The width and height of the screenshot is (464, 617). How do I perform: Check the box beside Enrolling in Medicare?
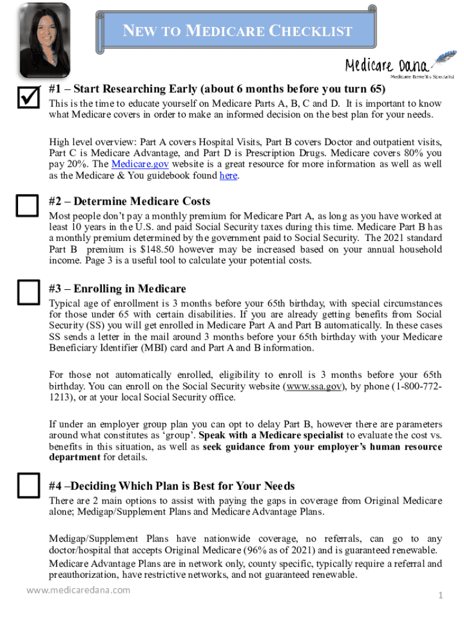[27, 292]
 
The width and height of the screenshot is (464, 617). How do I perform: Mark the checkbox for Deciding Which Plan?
[27, 486]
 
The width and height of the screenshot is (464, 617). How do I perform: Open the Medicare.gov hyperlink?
[132, 164]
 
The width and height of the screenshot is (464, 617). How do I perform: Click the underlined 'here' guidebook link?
[228, 175]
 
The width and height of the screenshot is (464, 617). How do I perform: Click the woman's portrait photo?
[45, 40]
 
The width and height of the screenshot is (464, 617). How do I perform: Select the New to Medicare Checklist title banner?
[237, 31]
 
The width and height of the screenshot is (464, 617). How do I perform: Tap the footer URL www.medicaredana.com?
[78, 590]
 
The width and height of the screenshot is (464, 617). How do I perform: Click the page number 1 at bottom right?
[440, 595]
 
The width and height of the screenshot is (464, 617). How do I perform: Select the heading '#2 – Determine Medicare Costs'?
[130, 201]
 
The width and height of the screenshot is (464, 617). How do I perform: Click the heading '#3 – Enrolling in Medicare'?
[118, 289]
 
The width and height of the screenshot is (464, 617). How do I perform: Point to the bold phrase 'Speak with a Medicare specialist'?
[271, 435]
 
